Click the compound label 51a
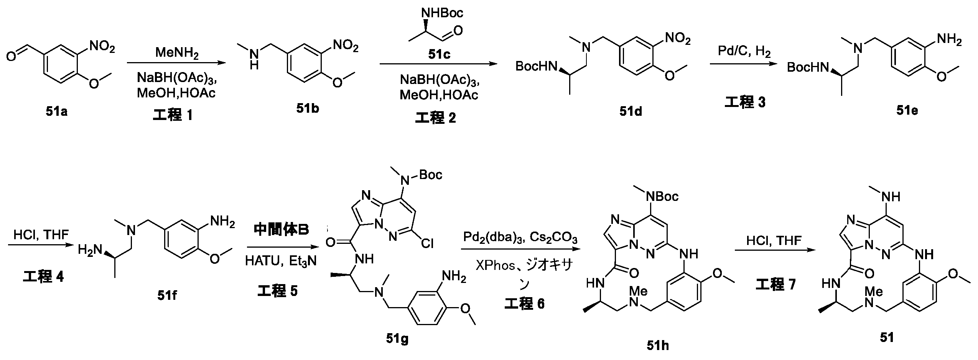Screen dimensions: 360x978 tap(56, 112)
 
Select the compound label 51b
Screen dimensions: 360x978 tap(308, 109)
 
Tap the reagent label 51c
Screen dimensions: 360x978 tap(439, 55)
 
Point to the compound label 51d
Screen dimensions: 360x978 tap(630, 111)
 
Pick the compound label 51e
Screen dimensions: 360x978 tap(907, 110)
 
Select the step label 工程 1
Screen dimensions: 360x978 tap(172, 115)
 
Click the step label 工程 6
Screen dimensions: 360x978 tap(524, 304)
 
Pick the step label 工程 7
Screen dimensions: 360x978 tap(775, 284)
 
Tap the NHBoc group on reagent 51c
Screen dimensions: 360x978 tap(442, 13)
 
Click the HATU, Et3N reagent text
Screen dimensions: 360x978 tap(281, 261)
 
